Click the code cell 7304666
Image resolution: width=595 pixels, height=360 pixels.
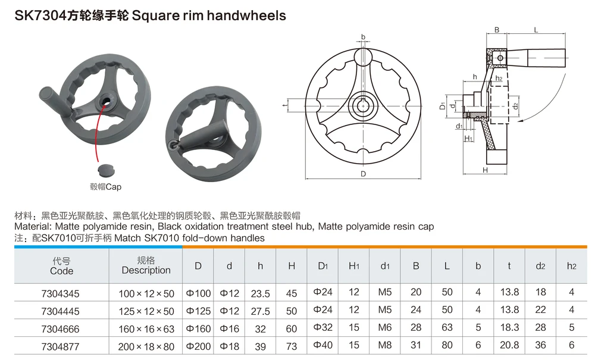click(60, 329)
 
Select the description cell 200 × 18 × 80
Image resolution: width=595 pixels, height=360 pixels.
click(146, 347)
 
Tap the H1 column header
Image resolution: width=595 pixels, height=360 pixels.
click(353, 267)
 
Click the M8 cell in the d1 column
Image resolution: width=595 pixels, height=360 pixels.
click(385, 345)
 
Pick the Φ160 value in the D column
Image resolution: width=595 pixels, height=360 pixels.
click(198, 328)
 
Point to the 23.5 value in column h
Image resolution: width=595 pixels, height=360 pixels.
click(261, 293)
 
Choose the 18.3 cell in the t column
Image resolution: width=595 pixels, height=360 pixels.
click(509, 327)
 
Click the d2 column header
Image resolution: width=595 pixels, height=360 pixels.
click(540, 267)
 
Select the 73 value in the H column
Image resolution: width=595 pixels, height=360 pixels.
click(292, 347)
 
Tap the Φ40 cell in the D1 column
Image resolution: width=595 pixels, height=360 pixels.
click(322, 345)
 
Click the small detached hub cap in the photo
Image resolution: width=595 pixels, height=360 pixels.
click(106, 169)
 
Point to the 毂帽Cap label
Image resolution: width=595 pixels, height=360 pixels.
click(105, 187)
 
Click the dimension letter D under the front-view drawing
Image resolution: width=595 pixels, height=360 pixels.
click(363, 174)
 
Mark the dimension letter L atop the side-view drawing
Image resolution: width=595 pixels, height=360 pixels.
click(536, 30)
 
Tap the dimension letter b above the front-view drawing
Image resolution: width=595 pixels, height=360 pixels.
click(363, 37)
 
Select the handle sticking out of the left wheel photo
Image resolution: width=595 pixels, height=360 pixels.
click(55, 102)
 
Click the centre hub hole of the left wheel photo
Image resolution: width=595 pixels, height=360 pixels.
click(106, 101)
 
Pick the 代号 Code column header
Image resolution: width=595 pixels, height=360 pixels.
click(61, 266)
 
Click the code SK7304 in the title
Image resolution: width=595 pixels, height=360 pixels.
click(40, 15)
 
